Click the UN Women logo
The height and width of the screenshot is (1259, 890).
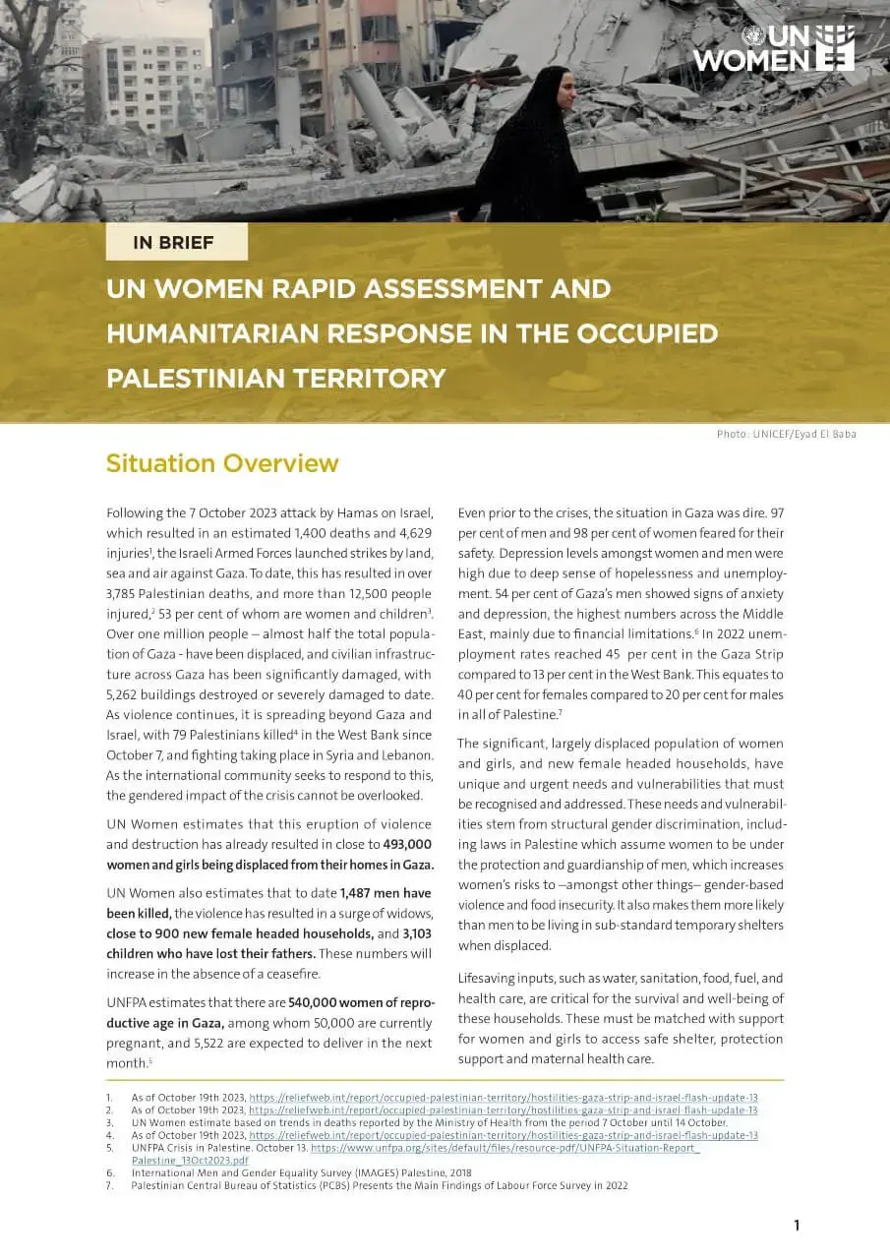[773, 47]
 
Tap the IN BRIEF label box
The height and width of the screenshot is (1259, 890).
[176, 241]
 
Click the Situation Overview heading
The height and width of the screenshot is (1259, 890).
[222, 463]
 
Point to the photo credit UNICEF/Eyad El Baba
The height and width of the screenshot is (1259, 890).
[786, 434]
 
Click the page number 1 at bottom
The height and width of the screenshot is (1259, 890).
[797, 1225]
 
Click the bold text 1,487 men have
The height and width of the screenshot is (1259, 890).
[386, 893]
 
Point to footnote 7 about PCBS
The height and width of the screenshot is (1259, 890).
[379, 1186]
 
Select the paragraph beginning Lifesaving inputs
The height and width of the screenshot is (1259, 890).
[621, 1018]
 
